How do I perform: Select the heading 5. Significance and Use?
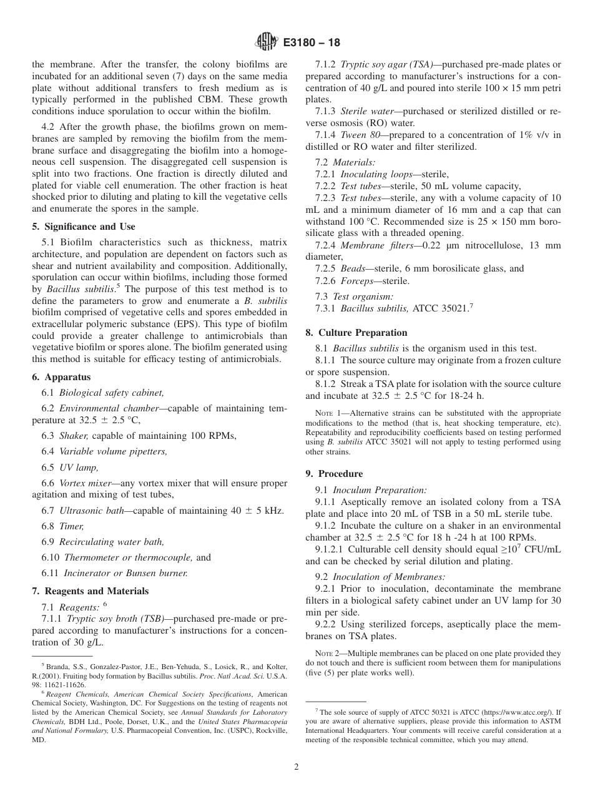[83, 227]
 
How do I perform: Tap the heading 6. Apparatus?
[61, 377]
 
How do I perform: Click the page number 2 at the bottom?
[296, 767]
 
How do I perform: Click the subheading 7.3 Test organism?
[363, 296]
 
